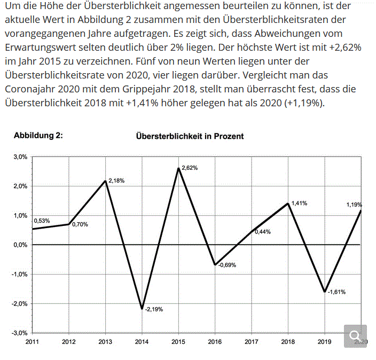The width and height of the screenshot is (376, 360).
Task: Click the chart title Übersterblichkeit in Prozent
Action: tap(190, 136)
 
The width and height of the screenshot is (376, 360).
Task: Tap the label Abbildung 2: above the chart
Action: tap(38, 136)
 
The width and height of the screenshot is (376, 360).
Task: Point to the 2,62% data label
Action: tap(190, 168)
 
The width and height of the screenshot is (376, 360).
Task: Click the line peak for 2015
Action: tap(178, 168)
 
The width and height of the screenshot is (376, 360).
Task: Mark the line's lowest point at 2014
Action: tap(142, 309)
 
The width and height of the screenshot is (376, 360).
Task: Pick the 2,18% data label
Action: tap(116, 181)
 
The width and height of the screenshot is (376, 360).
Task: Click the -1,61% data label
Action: tap(336, 292)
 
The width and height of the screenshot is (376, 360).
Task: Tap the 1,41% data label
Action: tap(299, 204)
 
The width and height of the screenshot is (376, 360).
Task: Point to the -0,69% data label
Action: tap(227, 265)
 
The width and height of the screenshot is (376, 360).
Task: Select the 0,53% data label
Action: tap(42, 221)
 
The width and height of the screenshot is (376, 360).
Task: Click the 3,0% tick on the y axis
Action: tap(20, 158)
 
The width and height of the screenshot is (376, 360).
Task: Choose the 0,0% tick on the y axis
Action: tap(20, 245)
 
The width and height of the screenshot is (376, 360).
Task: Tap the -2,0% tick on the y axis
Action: tap(19, 303)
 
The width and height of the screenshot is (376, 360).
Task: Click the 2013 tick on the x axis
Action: tap(106, 341)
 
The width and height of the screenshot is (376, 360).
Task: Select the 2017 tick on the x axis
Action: tap(252, 341)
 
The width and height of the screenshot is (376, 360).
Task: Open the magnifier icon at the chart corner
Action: tap(354, 335)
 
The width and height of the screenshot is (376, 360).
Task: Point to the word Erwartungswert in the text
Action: tap(34, 48)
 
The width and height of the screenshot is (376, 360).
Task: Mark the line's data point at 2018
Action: tap(288, 204)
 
